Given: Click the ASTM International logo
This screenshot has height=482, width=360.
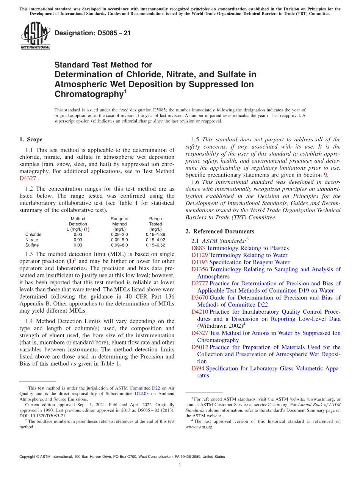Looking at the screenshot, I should [35, 36].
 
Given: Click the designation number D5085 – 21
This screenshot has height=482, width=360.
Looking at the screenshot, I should [93, 33].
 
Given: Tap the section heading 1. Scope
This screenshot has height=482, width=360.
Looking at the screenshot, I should [31, 139].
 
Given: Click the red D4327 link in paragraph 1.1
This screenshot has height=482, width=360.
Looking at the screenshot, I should [27, 178].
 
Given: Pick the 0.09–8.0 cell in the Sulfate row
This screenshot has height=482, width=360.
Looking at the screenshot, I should [119, 245].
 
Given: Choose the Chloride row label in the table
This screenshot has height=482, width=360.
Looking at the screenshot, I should [33, 235].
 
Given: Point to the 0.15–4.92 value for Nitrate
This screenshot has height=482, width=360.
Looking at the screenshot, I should [155, 240].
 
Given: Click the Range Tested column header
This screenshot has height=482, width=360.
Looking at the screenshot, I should [155, 224].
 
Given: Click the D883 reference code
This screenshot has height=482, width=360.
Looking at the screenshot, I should [198, 248].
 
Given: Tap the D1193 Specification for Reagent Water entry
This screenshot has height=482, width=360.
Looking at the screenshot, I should [240, 262].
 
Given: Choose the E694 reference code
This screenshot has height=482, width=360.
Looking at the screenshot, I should [198, 368].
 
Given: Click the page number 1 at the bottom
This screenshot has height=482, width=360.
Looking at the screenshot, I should [180, 465].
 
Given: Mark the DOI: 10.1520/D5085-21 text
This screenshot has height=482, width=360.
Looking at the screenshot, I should [43, 415].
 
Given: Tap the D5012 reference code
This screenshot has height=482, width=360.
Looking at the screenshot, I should [200, 347].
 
